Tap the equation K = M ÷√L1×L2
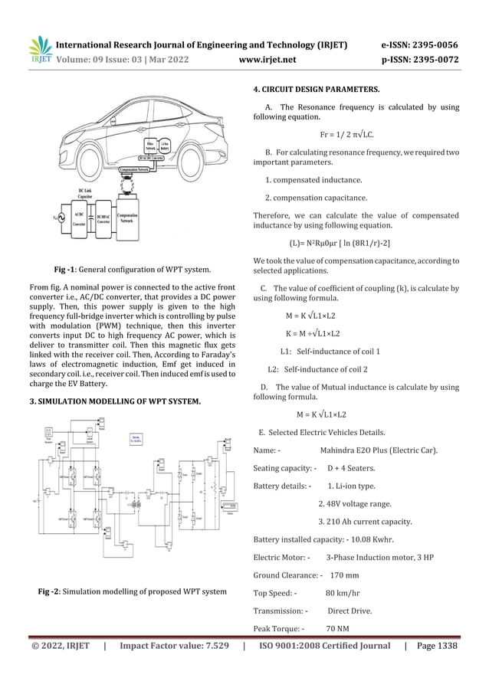(x=313, y=333)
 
